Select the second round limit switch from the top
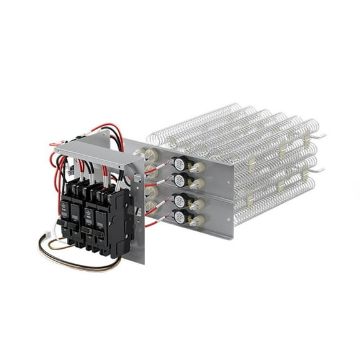179,181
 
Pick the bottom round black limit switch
179,217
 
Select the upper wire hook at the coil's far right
319,135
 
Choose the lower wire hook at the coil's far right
319,169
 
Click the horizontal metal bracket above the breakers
87,154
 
